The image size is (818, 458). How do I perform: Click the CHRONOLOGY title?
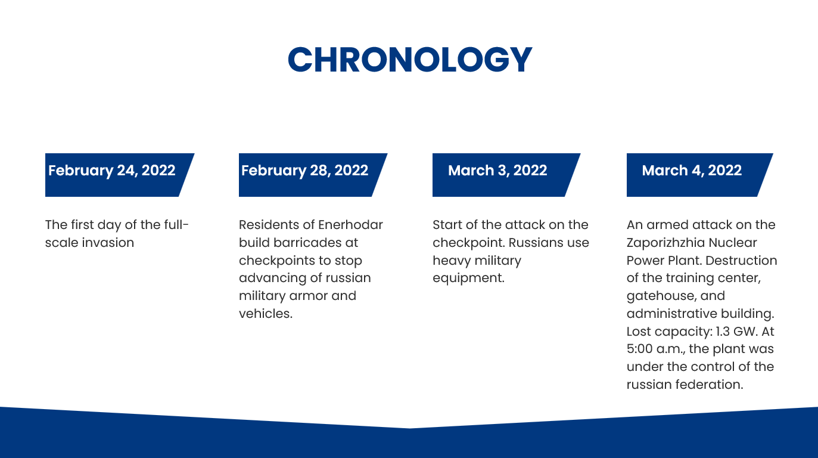coord(410,60)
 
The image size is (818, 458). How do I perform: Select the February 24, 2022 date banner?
coord(120,175)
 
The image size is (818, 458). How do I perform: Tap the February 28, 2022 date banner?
coord(313,175)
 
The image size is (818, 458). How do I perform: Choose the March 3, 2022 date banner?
coord(506,175)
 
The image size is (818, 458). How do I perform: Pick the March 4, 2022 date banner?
coord(699,175)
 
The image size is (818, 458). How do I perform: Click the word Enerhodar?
coord(350,224)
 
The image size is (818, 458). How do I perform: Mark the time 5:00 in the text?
coord(639,349)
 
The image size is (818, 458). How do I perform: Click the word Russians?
coord(535,242)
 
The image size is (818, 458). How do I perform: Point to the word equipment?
coord(468,278)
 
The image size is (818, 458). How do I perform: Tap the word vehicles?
coord(266,314)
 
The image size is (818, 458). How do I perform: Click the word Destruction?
coord(741,260)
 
